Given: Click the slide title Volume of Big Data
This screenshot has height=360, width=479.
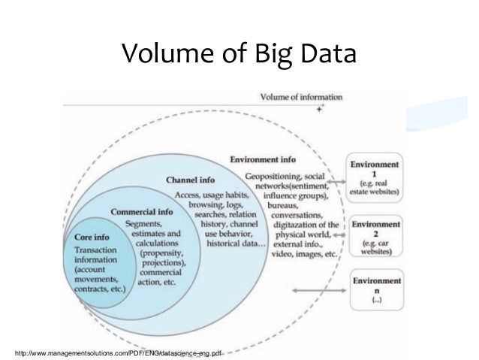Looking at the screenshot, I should click(239, 53).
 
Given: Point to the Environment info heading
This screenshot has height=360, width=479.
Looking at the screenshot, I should click(263, 160).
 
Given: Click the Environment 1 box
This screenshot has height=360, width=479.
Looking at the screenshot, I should click(375, 178).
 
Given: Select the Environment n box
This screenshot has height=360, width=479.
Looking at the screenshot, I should click(375, 291).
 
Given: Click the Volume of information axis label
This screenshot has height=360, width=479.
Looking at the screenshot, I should click(301, 97).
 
